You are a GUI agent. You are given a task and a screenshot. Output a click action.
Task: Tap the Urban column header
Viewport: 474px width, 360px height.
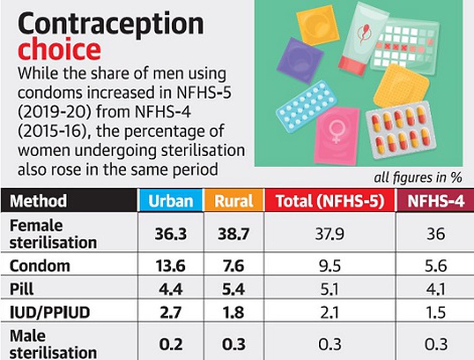click(x=170, y=201)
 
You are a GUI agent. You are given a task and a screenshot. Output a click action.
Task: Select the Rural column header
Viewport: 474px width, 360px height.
click(x=234, y=201)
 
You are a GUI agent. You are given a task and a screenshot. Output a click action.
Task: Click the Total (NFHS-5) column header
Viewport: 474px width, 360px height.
click(x=330, y=201)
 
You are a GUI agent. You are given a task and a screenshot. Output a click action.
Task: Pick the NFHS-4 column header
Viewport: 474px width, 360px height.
click(x=435, y=201)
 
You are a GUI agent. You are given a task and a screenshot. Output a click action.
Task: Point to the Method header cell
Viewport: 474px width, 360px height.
click(x=39, y=201)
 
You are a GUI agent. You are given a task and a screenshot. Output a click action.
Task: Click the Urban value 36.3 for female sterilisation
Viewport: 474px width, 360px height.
click(x=170, y=234)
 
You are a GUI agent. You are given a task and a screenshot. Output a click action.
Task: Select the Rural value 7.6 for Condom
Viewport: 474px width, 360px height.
click(x=234, y=266)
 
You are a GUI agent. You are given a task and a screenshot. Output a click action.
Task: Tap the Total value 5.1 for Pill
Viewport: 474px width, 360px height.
click(x=330, y=289)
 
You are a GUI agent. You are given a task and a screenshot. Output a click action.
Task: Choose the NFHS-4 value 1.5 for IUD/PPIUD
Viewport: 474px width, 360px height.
click(x=435, y=313)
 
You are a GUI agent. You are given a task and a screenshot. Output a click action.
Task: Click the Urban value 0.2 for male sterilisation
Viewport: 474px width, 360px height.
click(x=170, y=344)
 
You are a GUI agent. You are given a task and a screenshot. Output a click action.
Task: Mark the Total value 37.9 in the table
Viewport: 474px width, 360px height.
click(x=330, y=234)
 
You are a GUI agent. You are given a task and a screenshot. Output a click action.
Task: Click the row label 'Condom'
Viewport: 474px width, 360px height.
click(x=40, y=266)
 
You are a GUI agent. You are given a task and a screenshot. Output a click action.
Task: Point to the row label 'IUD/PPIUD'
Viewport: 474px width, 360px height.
click(x=50, y=313)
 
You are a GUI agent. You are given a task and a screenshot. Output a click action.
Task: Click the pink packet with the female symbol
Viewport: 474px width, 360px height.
click(x=337, y=135)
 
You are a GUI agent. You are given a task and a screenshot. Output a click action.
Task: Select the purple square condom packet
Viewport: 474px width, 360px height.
click(x=300, y=60)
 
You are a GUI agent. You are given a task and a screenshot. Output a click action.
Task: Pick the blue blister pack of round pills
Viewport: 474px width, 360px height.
click(x=306, y=105)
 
